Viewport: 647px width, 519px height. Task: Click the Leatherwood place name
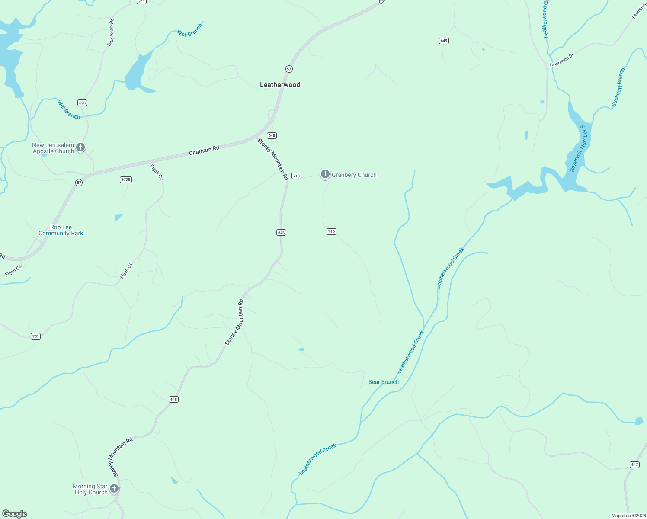280,85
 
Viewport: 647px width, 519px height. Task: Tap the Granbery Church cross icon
325,174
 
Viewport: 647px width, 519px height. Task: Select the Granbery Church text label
354,175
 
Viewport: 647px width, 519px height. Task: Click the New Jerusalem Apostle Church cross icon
80,148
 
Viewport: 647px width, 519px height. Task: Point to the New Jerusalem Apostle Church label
53,148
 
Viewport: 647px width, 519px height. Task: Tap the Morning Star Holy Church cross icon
114,489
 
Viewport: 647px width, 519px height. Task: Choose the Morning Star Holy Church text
90,489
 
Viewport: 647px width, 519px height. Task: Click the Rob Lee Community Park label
61,230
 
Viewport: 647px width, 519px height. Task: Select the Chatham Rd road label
204,151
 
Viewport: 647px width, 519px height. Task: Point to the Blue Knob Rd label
111,32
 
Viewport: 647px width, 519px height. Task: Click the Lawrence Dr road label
561,60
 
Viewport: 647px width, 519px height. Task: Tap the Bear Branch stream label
384,382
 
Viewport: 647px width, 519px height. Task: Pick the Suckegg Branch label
618,87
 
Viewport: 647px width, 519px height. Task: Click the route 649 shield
444,41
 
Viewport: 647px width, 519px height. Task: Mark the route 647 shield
634,465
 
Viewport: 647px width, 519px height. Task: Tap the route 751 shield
35,336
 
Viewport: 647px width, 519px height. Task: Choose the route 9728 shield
125,179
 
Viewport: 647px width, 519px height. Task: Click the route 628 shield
83,103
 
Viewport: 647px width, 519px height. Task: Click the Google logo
14,514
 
